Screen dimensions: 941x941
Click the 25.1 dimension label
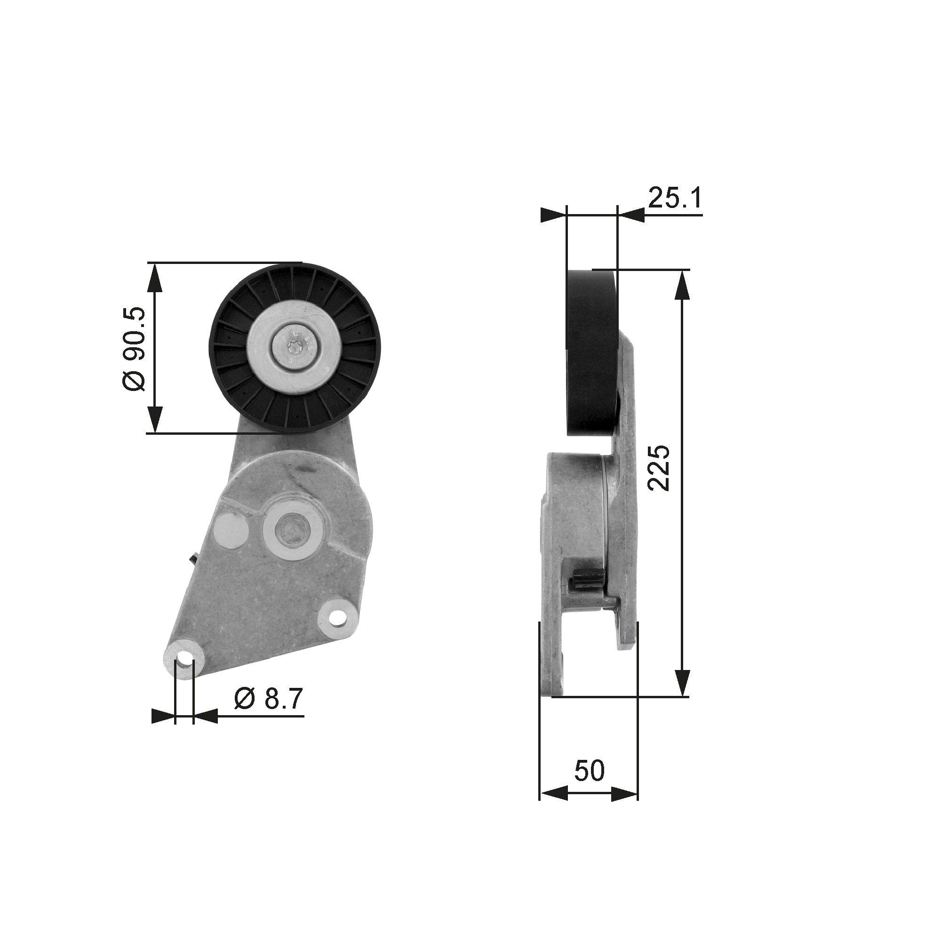pos(674,198)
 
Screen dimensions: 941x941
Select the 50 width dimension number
pos(589,770)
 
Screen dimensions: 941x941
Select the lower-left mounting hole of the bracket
pos(183,660)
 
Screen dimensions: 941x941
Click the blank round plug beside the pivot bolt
pos(232,528)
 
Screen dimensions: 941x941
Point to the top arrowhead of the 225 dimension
pos(682,286)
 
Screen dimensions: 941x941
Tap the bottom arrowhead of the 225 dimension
pos(682,682)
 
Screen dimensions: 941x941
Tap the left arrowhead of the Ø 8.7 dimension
pos(163,730)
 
